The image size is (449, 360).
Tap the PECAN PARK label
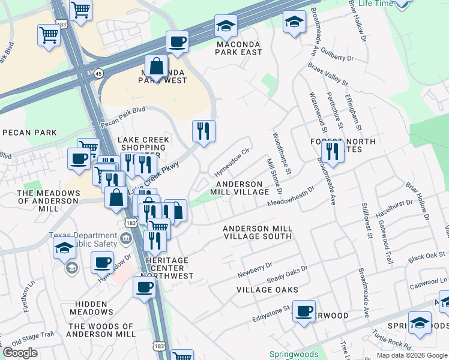click(x=29, y=133)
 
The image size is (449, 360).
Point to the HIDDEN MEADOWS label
click(x=91, y=308)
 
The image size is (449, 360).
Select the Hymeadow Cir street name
click(x=236, y=161)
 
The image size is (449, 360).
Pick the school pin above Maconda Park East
click(x=226, y=26)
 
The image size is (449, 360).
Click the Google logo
click(x=20, y=353)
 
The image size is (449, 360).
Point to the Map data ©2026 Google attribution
click(x=412, y=355)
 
